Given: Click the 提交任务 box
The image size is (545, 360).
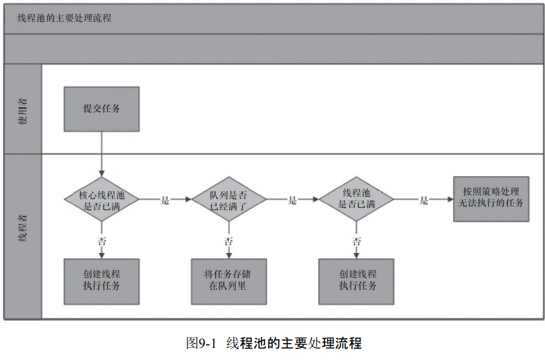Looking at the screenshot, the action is tap(102, 109).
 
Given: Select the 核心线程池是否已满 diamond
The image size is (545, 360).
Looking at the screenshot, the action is tap(102, 199).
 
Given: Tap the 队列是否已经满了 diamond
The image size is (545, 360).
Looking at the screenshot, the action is tap(229, 199).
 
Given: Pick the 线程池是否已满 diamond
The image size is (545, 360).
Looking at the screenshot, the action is tap(356, 199).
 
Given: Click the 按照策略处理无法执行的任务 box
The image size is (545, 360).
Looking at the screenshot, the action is tap(491, 199).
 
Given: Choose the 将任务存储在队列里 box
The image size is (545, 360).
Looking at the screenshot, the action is tap(229, 281).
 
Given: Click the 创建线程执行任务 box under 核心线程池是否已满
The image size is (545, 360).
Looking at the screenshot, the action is tap(102, 281).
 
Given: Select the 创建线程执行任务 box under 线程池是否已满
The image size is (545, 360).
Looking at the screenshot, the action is tap(356, 281).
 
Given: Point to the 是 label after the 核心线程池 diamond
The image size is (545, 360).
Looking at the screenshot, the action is tap(165, 200).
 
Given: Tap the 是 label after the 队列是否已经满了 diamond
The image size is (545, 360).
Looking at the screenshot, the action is tap(292, 200).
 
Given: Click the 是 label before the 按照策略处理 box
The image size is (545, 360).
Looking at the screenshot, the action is tap(424, 200).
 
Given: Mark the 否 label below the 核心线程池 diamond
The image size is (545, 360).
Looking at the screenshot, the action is tap(102, 241).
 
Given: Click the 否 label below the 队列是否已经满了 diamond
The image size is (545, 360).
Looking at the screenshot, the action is tap(229, 241).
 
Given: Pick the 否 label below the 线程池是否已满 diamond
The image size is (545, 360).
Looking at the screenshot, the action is tap(357, 241).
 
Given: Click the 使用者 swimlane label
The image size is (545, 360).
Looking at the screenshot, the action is tap(23, 111).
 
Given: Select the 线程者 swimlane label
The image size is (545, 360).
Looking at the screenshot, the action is tap(23, 227).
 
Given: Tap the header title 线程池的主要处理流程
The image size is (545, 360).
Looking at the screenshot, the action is tap(65, 18).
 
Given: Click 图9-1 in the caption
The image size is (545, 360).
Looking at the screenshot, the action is tap(201, 343).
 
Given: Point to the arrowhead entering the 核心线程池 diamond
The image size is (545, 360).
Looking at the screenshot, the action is tap(102, 174).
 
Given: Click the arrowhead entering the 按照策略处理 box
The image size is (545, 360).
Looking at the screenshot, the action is tap(451, 199).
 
